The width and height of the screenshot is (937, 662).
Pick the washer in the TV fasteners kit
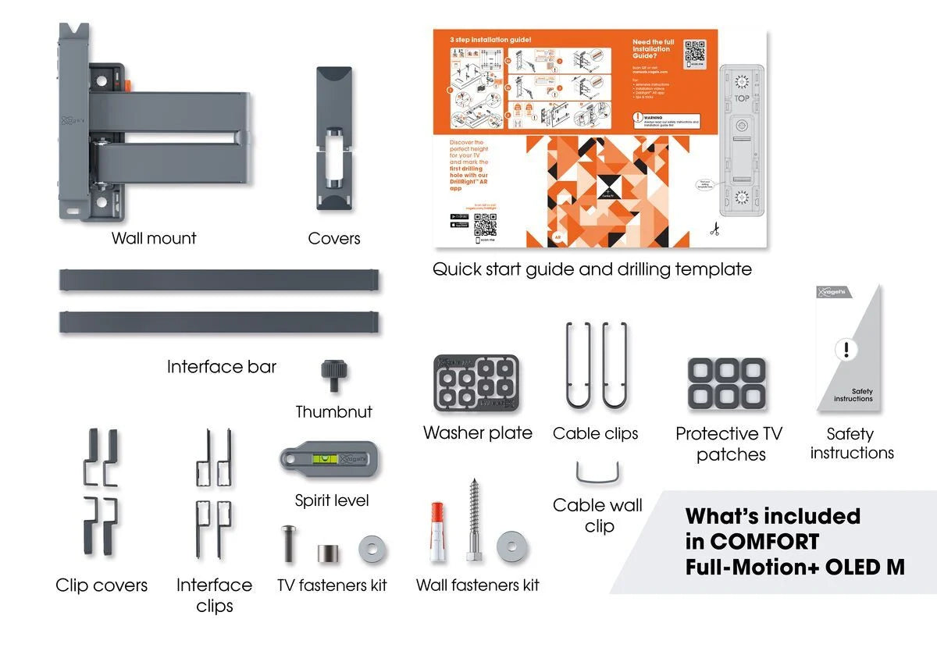[x=372, y=549]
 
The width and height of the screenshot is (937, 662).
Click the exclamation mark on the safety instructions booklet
[x=846, y=349]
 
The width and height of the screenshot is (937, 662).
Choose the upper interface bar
[x=219, y=280]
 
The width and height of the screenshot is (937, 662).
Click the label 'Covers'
[x=334, y=238]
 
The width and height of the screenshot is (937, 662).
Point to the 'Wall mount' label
[x=154, y=238]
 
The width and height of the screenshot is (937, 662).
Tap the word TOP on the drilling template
[x=742, y=99]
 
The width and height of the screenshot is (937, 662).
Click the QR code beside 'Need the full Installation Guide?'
[x=696, y=52]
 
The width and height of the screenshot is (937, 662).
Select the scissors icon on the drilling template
[x=714, y=230]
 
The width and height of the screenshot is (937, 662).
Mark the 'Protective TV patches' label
[x=729, y=444]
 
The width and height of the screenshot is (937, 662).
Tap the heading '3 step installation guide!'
[x=490, y=39]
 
